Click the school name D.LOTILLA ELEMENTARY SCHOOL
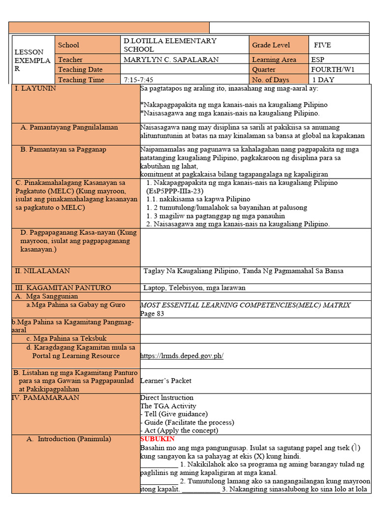coord(170,45)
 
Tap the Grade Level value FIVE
coord(322,45)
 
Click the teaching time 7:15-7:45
coord(140,79)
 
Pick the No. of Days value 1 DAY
coord(323,79)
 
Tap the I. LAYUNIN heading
coord(35,88)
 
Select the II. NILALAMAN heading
coord(42,271)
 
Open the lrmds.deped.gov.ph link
coord(182,356)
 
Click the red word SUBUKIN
coord(157,439)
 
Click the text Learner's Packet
coord(165,381)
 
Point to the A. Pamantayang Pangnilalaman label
coord(69,127)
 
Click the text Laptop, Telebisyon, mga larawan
coord(194,288)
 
